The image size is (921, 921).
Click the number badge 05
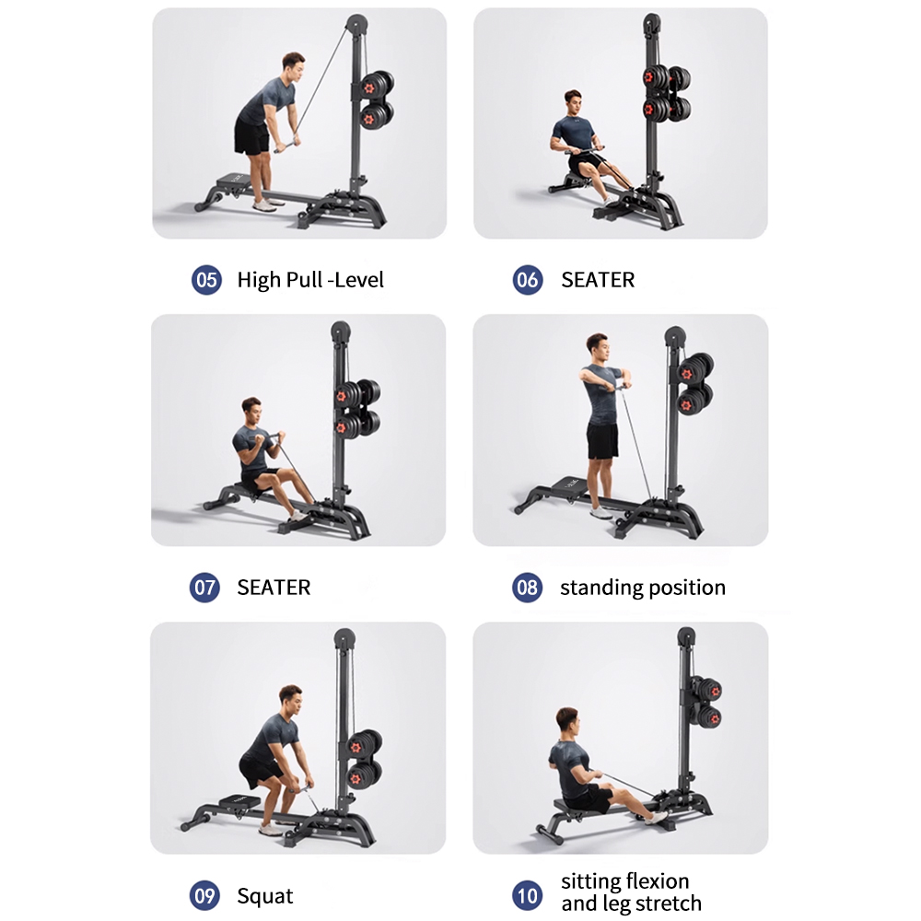coord(206,280)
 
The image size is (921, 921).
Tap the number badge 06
coord(528,280)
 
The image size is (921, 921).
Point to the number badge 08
coord(527,587)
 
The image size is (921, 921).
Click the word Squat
coord(265,895)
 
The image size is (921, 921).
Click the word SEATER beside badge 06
coord(598,280)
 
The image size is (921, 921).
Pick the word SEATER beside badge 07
coord(274,587)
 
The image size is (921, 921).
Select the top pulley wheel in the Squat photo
coord(344,637)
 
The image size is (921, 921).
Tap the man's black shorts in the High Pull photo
coord(251,138)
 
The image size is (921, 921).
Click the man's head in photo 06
coord(573,102)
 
